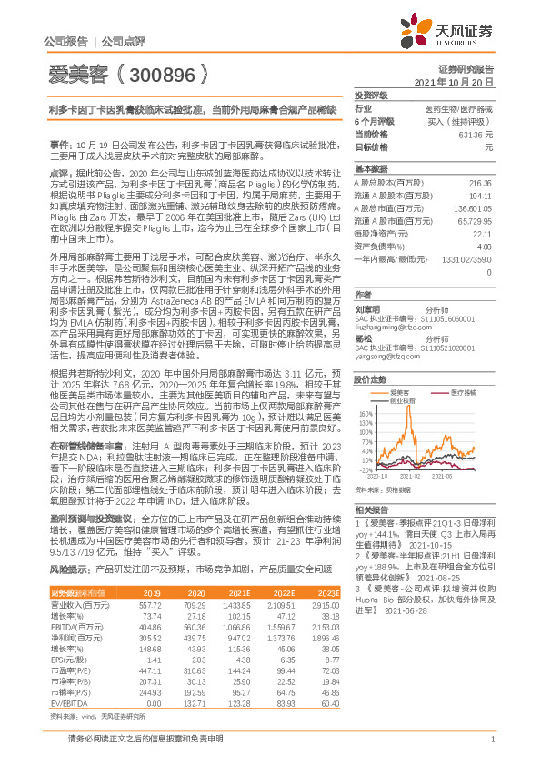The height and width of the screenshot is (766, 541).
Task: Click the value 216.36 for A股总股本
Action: (x=480, y=183)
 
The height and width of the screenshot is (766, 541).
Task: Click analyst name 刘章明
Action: (x=366, y=307)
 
